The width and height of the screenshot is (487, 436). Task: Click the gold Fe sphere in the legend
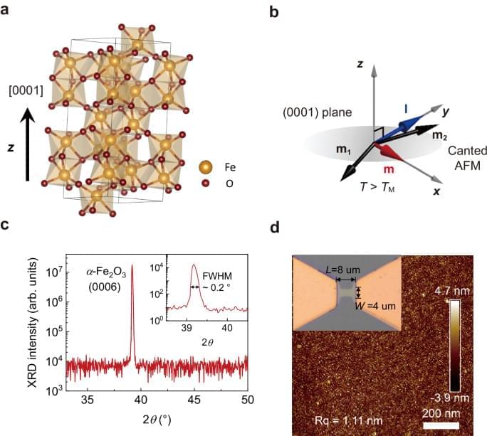pyautogui.click(x=206, y=168)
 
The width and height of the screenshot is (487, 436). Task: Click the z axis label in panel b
pyautogui.click(x=361, y=63)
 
